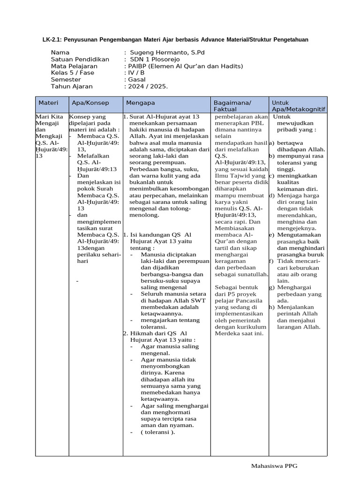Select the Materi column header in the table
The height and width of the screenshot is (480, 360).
(x=48, y=103)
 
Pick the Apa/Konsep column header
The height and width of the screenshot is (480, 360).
(x=90, y=103)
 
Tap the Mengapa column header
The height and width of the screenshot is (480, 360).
(x=140, y=103)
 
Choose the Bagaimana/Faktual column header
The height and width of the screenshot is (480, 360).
(x=232, y=106)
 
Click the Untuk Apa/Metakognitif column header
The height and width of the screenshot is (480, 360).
(x=298, y=106)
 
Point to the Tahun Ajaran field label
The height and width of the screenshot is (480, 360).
(x=72, y=86)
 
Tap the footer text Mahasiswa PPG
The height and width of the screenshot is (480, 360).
(x=274, y=465)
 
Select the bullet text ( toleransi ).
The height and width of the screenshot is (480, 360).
(x=157, y=432)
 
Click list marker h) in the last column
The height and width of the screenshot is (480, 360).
(x=271, y=307)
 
